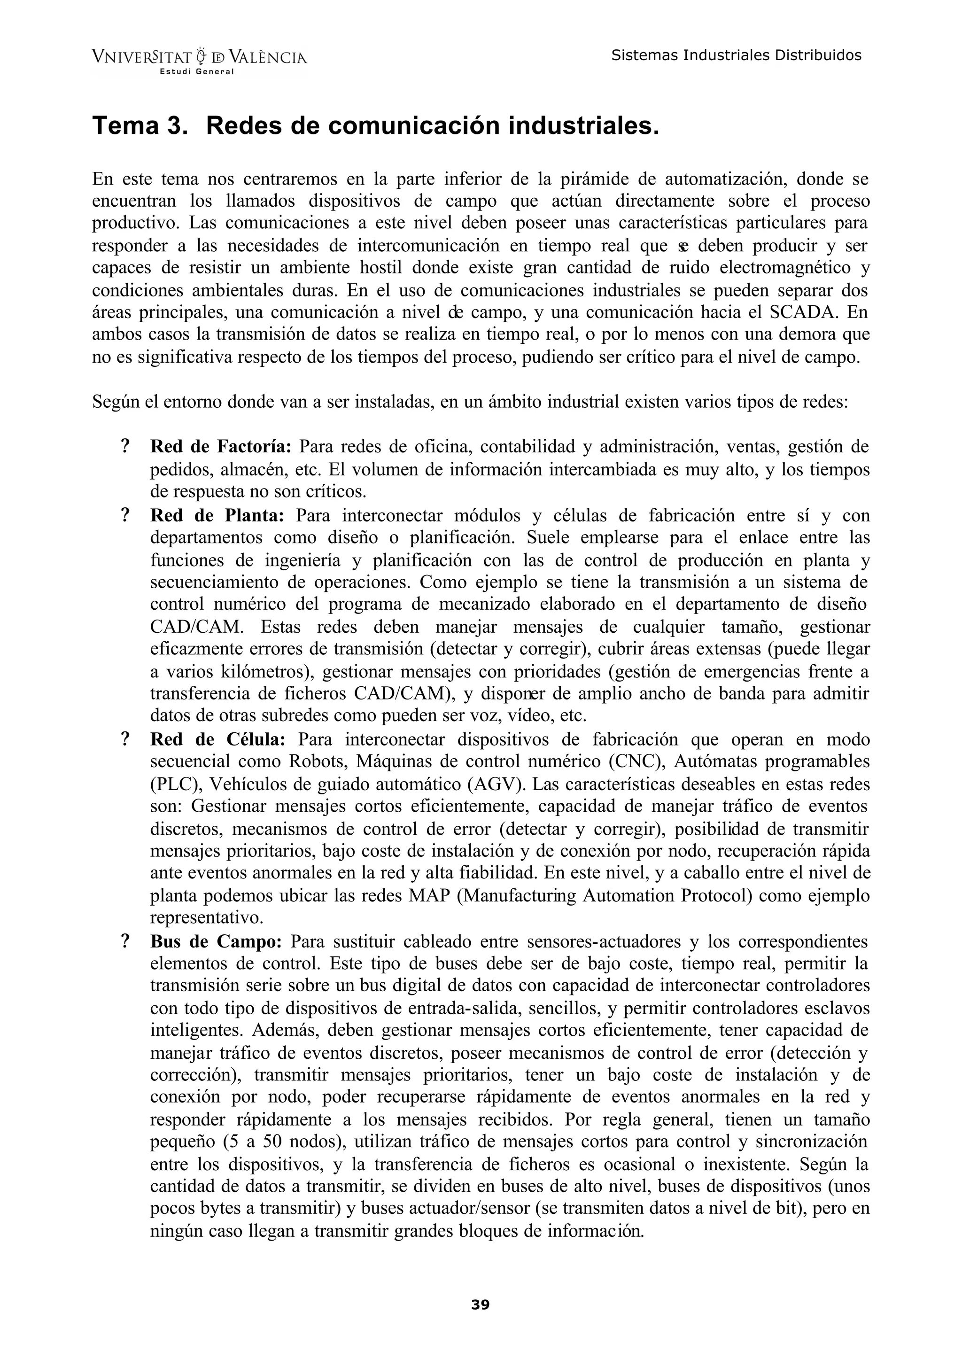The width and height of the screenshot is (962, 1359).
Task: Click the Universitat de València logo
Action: click(x=199, y=58)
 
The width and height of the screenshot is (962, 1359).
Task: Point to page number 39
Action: click(x=481, y=1305)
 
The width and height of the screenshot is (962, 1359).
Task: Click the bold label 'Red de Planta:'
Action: click(x=217, y=515)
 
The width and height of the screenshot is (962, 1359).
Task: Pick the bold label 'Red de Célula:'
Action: click(x=218, y=739)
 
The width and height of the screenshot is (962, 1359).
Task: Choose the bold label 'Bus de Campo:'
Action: click(x=216, y=941)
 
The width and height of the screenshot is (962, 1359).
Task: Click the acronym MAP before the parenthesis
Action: click(x=430, y=896)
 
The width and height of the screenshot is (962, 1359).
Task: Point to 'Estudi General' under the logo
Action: click(x=197, y=72)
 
